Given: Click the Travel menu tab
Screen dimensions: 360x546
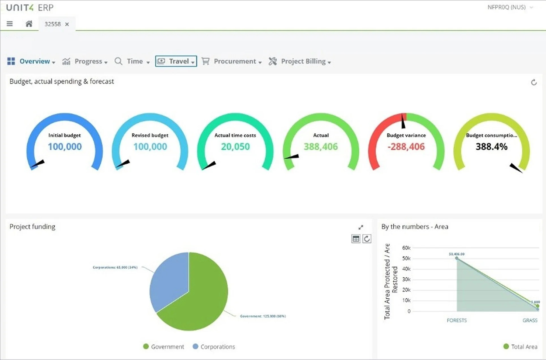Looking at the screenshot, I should tap(176, 61).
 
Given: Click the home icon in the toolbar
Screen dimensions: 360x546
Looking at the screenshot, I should tap(29, 24).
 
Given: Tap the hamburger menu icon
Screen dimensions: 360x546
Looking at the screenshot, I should tap(10, 24).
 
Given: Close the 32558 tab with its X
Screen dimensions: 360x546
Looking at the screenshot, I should tap(67, 24).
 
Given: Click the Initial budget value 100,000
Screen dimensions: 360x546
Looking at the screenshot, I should tap(65, 147).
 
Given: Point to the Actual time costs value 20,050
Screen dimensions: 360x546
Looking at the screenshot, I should tap(235, 147).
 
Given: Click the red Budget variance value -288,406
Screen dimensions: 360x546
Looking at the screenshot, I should tap(406, 147).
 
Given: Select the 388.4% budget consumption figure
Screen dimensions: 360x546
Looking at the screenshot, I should tap(491, 147).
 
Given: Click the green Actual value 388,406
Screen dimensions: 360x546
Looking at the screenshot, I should tap(321, 147).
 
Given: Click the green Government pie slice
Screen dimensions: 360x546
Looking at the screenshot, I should tap(199, 299).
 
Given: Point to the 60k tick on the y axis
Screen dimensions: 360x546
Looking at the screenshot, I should tap(406, 248).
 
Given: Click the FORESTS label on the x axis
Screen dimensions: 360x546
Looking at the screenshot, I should tap(457, 320).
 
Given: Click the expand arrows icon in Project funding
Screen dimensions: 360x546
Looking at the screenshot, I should tap(361, 227).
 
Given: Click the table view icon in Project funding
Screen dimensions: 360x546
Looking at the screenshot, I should tap(356, 239).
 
